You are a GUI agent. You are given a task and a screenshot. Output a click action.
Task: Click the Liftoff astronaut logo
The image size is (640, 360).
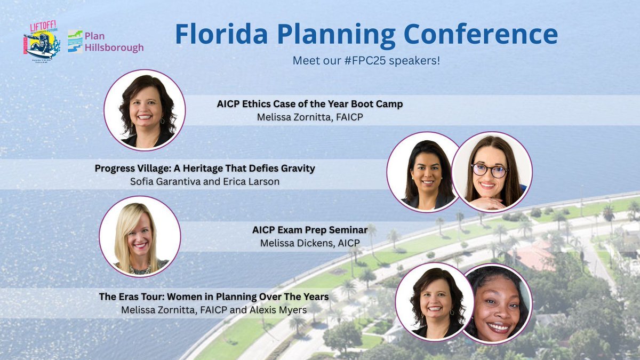(41, 42)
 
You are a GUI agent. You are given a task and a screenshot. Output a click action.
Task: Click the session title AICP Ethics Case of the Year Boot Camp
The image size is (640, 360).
(309, 104)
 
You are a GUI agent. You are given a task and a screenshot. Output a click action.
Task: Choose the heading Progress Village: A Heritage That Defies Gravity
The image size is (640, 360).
(205, 169)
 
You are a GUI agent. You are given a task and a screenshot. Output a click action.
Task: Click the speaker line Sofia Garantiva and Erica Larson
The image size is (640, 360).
(205, 182)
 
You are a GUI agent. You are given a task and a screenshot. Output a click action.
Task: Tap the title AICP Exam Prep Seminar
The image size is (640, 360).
(310, 230)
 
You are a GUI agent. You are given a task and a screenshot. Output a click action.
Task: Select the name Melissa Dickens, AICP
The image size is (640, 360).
(310, 243)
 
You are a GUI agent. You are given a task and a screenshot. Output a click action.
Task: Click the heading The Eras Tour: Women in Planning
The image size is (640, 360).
(213, 296)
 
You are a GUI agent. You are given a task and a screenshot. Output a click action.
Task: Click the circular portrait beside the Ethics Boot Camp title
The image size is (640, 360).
(145, 110)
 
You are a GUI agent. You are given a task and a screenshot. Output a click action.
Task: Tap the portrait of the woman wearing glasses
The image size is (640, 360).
(492, 171)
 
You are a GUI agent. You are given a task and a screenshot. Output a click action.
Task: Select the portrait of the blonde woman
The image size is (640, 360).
(140, 236)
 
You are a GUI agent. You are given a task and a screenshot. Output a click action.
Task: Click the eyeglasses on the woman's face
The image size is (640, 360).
(490, 171)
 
